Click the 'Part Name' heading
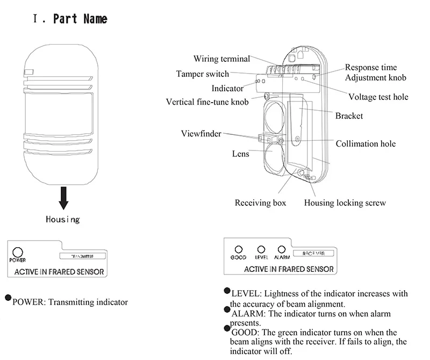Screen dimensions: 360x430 coord(80,19)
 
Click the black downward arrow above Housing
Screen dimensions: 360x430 coord(63,198)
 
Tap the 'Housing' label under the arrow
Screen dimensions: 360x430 coord(63,219)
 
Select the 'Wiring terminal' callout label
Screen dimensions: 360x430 coord(222,59)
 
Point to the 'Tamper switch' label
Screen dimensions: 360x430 coord(203,74)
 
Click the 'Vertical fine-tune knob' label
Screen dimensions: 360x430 coord(207,102)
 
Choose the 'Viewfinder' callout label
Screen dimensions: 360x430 coord(201,134)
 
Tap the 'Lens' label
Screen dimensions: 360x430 coord(241,154)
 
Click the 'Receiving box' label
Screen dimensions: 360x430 coord(261,203)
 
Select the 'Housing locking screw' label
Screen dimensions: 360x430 coord(345,203)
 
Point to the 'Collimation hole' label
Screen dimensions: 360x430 coord(365,143)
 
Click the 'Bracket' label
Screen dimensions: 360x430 coord(349,116)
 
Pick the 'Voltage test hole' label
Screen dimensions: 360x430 coord(378,97)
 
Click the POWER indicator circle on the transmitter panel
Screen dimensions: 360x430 coord(18,251)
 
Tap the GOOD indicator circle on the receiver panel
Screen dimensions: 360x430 coord(239,249)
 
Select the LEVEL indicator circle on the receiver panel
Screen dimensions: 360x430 coord(261,249)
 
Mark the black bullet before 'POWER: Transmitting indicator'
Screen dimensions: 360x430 coord(8,298)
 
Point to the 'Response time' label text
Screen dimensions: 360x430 coord(371,68)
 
